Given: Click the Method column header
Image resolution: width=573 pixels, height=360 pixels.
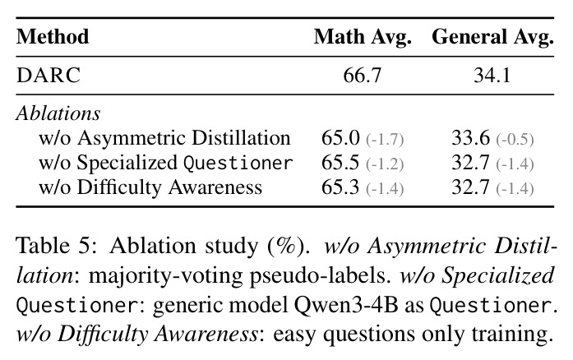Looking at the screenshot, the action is (53, 36).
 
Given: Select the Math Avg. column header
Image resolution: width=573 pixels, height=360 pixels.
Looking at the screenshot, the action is (363, 37).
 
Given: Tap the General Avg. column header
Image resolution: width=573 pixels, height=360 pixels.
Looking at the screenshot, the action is (492, 37).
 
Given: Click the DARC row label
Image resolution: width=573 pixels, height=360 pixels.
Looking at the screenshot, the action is (49, 76).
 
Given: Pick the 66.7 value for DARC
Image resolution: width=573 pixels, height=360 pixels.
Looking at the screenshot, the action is (363, 76).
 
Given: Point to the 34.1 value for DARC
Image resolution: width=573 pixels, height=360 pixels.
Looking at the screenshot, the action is (492, 76).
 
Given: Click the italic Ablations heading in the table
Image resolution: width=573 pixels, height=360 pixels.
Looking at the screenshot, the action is (58, 113).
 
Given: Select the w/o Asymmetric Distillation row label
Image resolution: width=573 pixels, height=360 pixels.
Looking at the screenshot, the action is (164, 139).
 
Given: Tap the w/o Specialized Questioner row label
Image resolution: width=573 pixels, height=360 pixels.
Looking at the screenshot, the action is (165, 163).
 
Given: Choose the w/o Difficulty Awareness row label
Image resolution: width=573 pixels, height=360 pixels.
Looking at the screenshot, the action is (150, 187).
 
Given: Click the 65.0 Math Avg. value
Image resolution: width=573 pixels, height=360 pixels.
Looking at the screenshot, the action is (340, 138).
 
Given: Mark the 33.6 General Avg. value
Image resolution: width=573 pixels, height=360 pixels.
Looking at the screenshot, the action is (471, 138).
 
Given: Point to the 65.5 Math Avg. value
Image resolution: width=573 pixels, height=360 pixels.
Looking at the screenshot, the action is (340, 163).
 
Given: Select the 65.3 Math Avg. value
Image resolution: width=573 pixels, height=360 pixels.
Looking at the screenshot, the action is (340, 187).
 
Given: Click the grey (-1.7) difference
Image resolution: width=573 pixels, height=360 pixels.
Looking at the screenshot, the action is (385, 140).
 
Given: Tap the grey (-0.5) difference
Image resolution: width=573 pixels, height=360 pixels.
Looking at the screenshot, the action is (515, 140).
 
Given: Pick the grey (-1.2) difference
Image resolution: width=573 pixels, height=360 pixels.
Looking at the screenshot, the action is (385, 164).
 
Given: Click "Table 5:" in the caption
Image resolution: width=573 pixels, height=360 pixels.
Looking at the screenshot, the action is (57, 245).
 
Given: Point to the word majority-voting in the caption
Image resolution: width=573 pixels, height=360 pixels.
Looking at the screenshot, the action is (166, 276).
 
